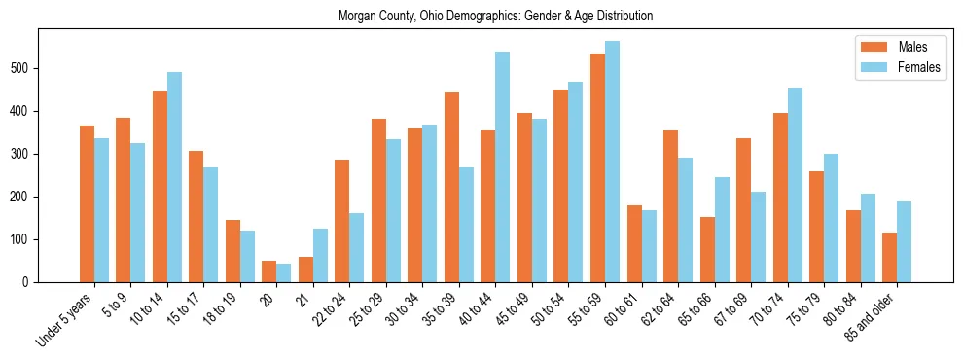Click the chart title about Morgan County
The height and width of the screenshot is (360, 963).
[x=495, y=17]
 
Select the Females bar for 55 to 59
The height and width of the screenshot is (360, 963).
[x=612, y=162]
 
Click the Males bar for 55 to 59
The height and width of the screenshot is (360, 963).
[x=597, y=167]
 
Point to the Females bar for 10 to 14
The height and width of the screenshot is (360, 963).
[x=174, y=177]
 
